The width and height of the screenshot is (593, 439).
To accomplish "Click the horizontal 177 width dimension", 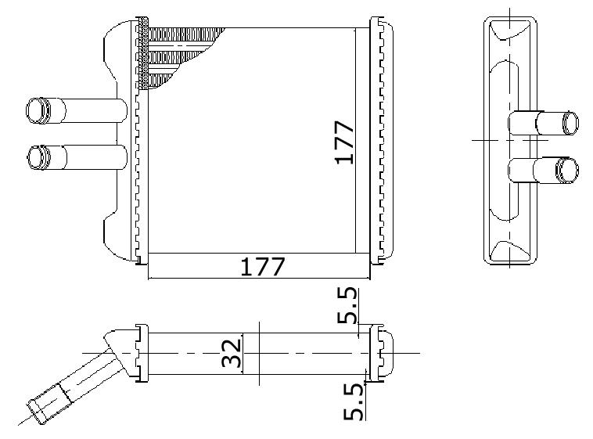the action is [x=262, y=266].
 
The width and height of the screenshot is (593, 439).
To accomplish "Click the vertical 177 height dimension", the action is [x=344, y=142].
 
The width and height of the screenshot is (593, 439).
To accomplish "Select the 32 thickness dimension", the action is [x=232, y=354].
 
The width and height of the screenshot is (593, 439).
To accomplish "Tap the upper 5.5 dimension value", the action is [x=347, y=305].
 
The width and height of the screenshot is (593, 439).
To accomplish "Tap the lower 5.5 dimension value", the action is [x=354, y=401].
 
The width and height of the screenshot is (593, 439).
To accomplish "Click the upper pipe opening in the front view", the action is [x=38, y=110].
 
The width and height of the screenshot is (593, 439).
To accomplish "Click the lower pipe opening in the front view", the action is [x=38, y=157].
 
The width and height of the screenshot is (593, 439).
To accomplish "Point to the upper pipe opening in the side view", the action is [x=570, y=123].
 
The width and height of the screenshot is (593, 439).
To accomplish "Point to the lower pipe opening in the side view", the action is [x=568, y=170].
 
